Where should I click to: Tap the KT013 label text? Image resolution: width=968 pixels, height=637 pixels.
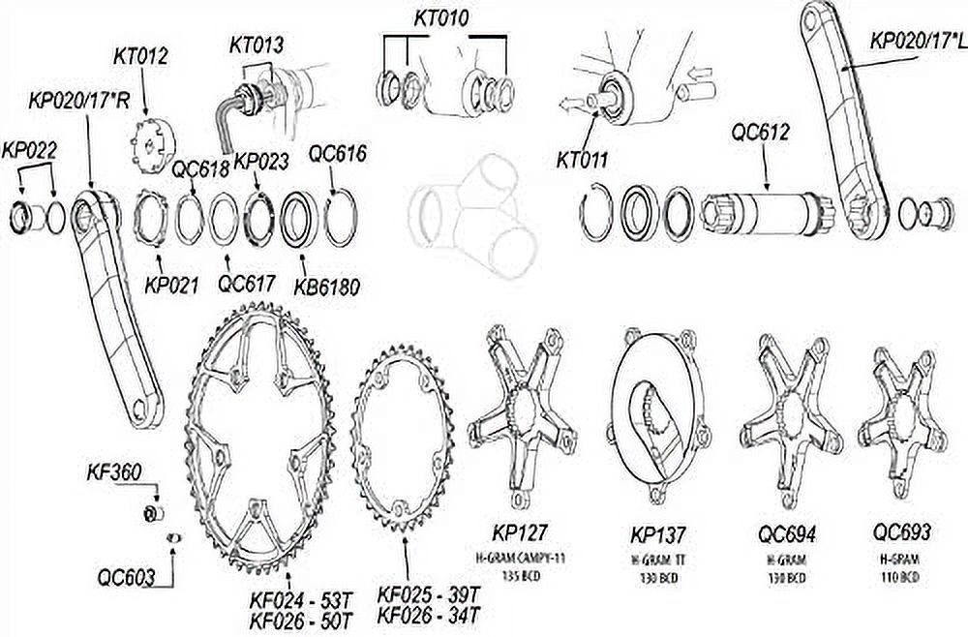(257, 45)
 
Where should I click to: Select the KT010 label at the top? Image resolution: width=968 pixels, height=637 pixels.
(440, 18)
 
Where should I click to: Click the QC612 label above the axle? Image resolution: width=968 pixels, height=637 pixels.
(762, 133)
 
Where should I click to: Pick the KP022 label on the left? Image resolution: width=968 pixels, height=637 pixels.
(29, 151)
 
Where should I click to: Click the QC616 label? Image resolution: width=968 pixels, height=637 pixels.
(336, 152)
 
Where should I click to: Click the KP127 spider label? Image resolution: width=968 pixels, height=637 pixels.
(520, 533)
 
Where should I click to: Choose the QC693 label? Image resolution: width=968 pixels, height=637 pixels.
(902, 533)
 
